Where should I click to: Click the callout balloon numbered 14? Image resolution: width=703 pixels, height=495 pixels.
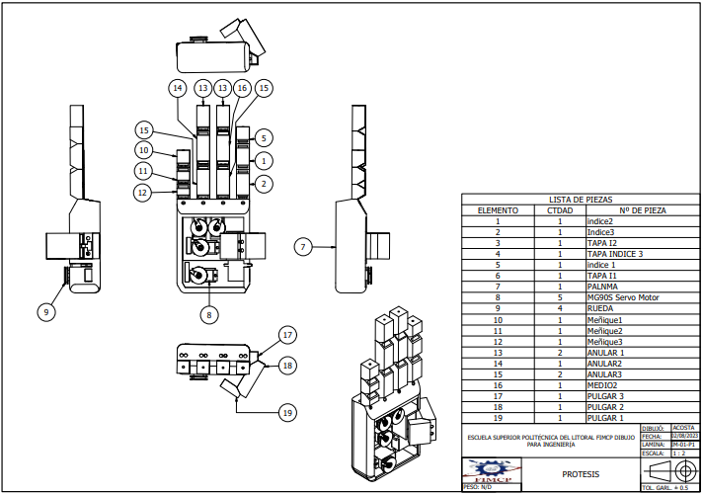tap(178, 89)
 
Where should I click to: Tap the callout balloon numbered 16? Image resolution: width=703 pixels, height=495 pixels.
tap(242, 89)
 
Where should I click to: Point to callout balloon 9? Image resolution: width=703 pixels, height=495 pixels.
tap(45, 312)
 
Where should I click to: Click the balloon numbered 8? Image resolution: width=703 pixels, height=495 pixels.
tap(207, 315)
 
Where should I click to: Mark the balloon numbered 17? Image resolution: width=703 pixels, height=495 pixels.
tap(287, 334)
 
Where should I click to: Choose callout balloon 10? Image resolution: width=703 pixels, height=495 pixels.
tap(144, 150)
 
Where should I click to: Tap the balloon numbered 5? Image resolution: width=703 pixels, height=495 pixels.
tap(265, 137)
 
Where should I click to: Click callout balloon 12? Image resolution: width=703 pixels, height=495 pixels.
tap(144, 192)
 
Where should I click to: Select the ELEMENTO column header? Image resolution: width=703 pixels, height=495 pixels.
tap(499, 210)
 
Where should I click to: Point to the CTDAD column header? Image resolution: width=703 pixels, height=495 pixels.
tap(560, 210)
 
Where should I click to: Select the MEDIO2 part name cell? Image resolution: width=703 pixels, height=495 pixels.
tap(603, 385)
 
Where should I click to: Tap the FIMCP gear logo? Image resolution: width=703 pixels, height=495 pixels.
tap(492, 472)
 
